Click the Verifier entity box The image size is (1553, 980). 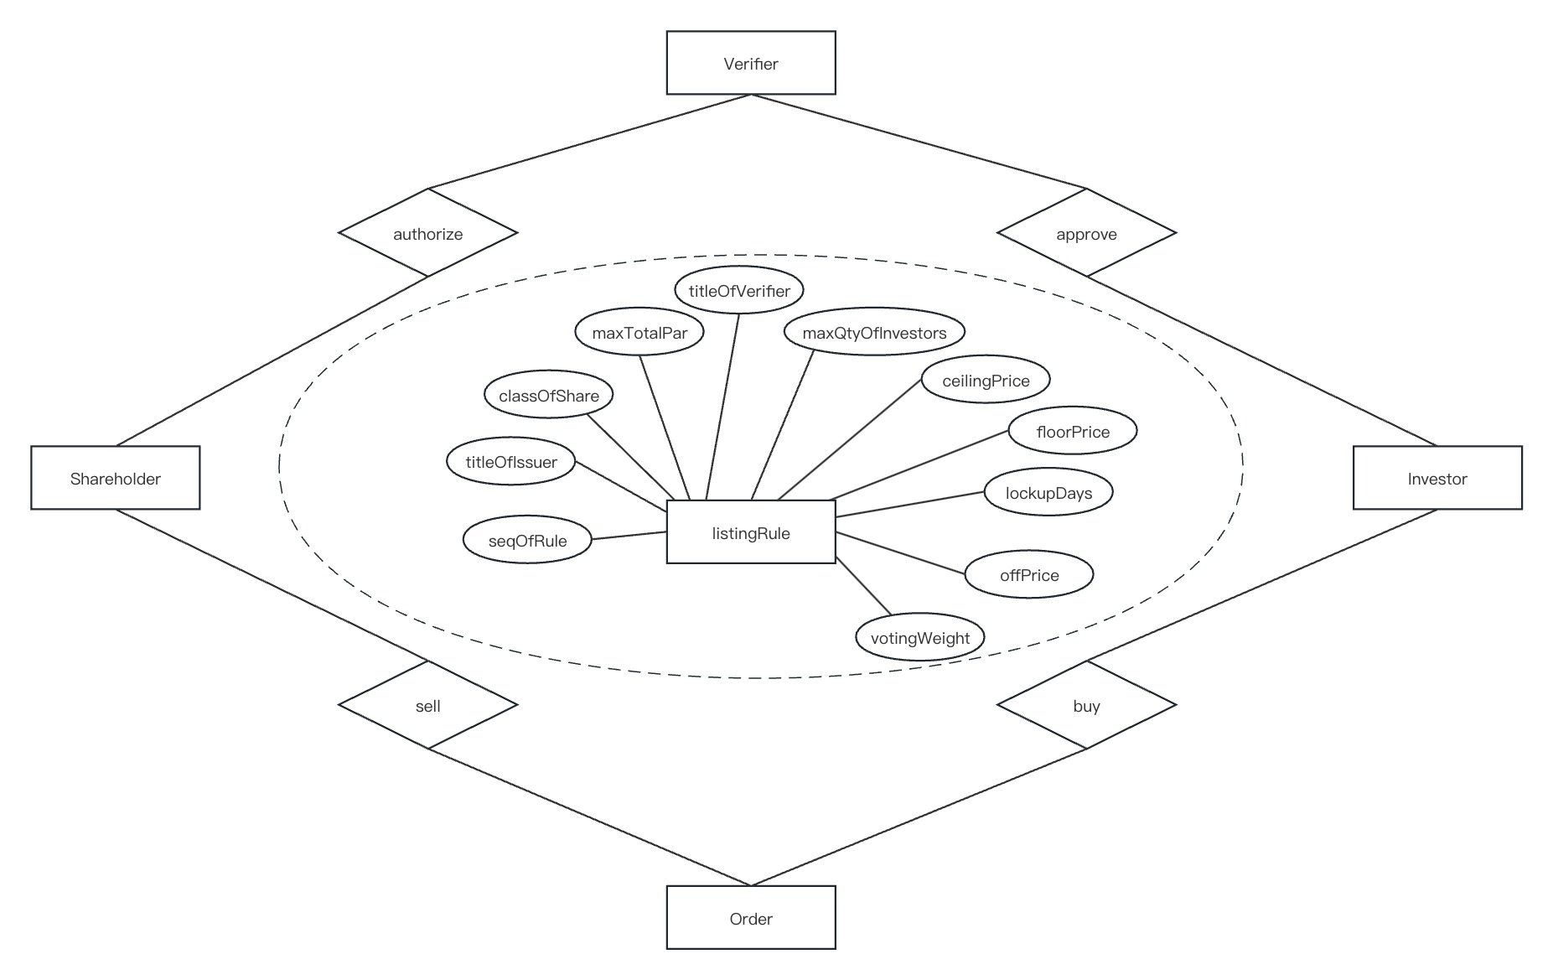coord(751,63)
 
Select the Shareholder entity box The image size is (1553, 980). coord(116,478)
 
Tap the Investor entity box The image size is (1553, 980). coord(1437,478)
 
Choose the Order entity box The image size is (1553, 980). coord(751,918)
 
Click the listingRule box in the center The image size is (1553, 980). coord(751,532)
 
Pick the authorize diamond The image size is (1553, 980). coord(428,233)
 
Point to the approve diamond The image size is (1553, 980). coord(1087,233)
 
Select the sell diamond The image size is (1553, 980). coord(428,705)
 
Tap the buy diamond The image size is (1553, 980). coord(1087,705)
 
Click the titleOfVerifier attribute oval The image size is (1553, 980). coord(739,290)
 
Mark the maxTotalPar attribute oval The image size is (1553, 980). coord(639,332)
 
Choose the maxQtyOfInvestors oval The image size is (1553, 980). coord(874,332)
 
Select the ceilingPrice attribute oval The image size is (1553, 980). coord(986,380)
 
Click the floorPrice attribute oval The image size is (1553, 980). coord(1073,431)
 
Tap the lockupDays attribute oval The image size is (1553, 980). coord(1048,492)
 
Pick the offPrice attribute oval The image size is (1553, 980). coord(1029,574)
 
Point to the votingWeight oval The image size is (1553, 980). coord(920,637)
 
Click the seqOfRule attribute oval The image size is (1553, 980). coord(527,540)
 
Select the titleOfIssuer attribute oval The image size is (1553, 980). coord(511,460)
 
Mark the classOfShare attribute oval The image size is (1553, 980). coord(549,395)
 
